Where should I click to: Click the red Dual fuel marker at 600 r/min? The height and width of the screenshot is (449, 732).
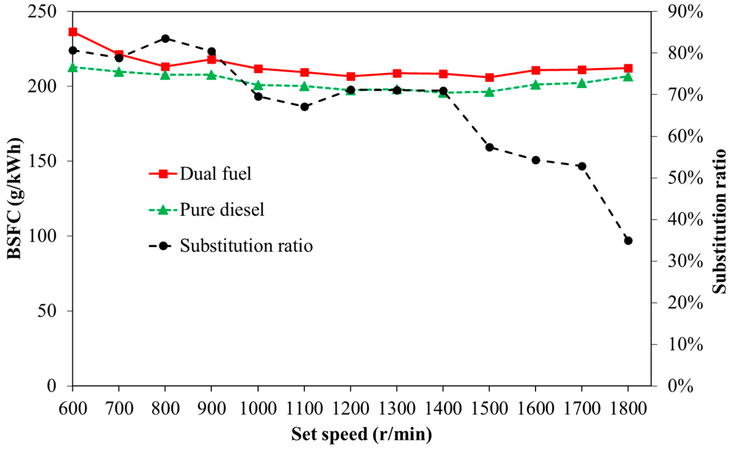(x=73, y=32)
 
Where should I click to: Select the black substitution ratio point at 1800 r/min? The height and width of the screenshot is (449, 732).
(x=628, y=241)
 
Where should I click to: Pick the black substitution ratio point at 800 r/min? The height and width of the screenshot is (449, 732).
(x=165, y=39)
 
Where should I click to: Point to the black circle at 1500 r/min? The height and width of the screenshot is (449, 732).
(x=489, y=147)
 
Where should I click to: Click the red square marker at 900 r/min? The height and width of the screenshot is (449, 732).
(x=211, y=60)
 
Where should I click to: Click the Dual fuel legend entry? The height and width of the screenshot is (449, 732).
(x=215, y=174)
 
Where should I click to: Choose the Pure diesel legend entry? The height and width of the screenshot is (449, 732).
(x=222, y=210)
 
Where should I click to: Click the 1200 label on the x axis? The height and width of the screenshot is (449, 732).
(x=350, y=409)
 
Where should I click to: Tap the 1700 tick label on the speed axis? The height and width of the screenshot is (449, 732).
(x=582, y=409)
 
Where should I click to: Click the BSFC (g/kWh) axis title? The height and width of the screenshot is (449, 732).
(x=14, y=198)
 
